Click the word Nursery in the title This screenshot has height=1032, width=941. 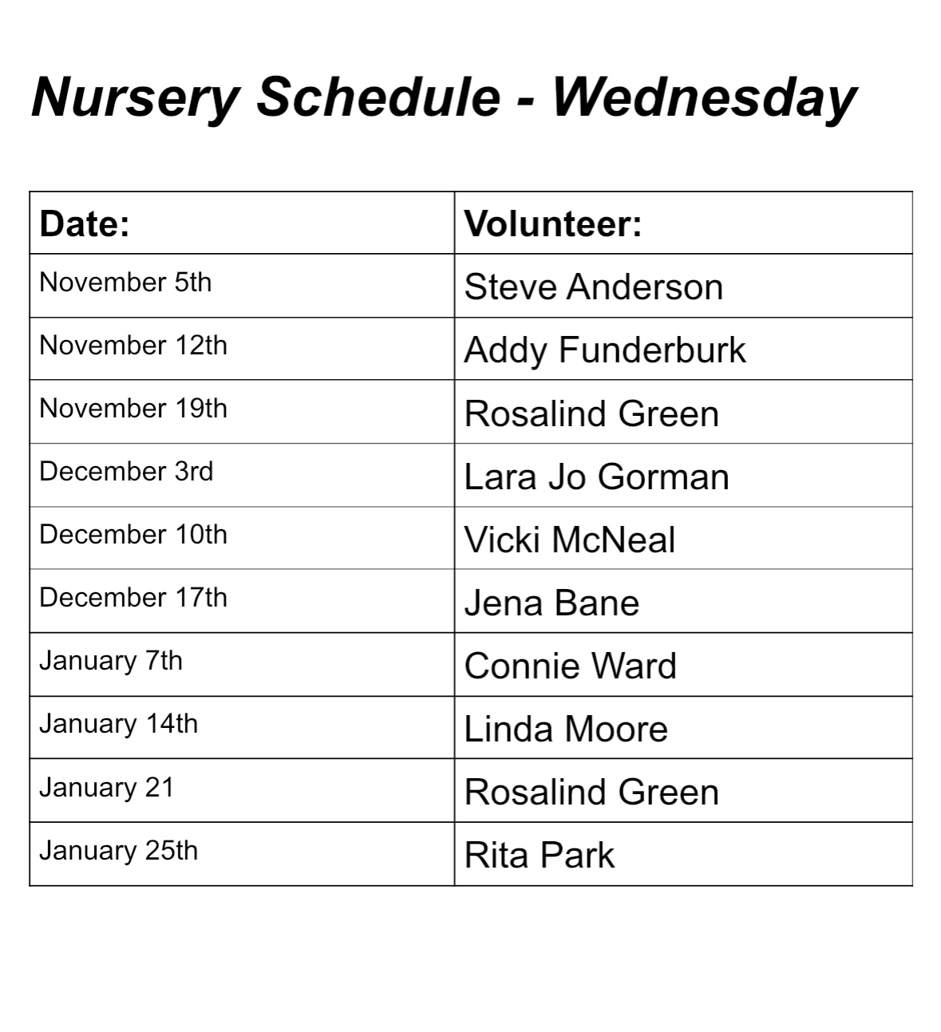[x=136, y=97]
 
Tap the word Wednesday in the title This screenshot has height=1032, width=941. [x=704, y=97]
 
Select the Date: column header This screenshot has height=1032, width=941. [x=85, y=223]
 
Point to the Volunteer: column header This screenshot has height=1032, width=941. [x=553, y=223]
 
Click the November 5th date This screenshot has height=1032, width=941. [x=125, y=283]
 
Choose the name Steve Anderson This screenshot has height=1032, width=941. [x=593, y=287]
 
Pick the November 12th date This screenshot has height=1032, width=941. [x=133, y=346]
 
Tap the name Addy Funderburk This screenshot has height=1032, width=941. [x=604, y=350]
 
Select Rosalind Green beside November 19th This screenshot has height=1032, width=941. [x=591, y=414]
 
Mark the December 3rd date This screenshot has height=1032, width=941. [x=126, y=472]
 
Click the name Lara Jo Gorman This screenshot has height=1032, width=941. [x=596, y=477]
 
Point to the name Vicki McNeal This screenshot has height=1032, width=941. [x=569, y=540]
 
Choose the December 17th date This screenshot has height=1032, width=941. [x=133, y=598]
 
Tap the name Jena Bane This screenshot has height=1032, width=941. [x=552, y=603]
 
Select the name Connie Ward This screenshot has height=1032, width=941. [x=570, y=666]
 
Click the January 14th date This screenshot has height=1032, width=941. [x=118, y=724]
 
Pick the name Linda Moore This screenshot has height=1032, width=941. [x=566, y=730]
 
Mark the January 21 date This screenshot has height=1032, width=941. [x=106, y=788]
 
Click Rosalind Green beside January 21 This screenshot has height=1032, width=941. [x=591, y=793]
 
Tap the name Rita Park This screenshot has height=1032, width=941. [x=539, y=856]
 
